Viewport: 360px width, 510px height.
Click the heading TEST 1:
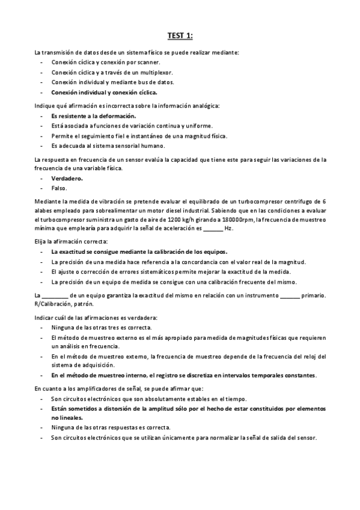click(180, 36)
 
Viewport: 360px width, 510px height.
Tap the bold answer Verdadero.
click(67, 179)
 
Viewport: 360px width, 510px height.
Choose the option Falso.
click(59, 188)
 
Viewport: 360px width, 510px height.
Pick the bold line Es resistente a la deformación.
click(93, 115)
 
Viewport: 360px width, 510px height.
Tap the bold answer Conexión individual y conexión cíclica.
click(104, 93)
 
